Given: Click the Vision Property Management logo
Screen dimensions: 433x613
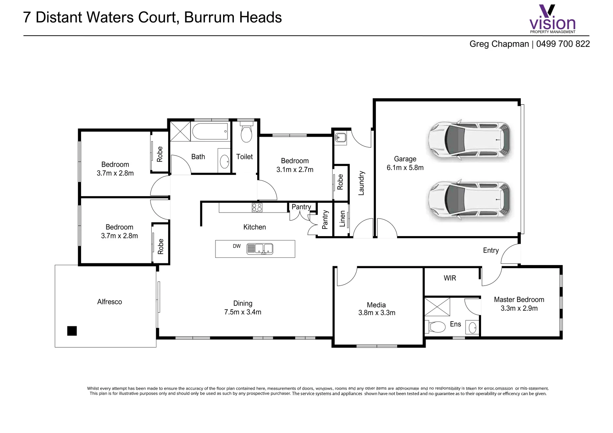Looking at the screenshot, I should [552, 19].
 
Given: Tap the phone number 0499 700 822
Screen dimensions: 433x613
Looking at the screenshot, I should [563, 44].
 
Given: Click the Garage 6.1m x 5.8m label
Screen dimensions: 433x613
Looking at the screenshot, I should [405, 164].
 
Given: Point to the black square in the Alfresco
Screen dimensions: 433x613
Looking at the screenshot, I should [72, 331].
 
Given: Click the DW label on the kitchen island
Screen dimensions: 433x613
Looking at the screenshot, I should [237, 246].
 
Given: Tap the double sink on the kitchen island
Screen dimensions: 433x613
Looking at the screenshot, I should [260, 249].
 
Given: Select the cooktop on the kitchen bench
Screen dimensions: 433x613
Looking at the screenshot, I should [257, 208].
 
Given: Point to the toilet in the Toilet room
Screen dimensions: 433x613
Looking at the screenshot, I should [246, 133].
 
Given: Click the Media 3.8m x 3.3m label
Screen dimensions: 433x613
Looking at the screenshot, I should [376, 309].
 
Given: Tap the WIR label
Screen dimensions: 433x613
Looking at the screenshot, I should [450, 278].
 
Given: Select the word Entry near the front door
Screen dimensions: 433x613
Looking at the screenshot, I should [491, 250].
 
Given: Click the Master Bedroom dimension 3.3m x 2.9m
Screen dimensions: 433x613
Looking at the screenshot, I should [519, 308].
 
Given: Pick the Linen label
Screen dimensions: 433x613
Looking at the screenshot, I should [342, 219].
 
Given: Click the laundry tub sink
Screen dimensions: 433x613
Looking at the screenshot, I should [341, 139].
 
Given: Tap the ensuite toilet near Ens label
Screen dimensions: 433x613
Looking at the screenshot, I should [437, 327].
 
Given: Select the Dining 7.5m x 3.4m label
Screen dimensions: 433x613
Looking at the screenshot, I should [243, 308].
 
